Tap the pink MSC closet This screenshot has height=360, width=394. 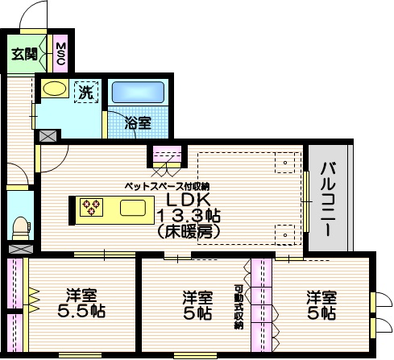[60, 53]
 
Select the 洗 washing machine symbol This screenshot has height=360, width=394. [85, 92]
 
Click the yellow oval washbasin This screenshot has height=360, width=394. [55, 88]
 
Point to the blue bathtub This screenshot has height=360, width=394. [137, 93]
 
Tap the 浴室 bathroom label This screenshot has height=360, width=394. [138, 123]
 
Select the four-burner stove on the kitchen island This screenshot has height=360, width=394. [89, 208]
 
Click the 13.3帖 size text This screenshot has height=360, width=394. [189, 216]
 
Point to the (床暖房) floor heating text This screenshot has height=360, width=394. [189, 231]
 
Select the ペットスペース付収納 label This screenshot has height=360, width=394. [166, 184]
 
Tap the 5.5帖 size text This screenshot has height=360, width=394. [82, 311]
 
